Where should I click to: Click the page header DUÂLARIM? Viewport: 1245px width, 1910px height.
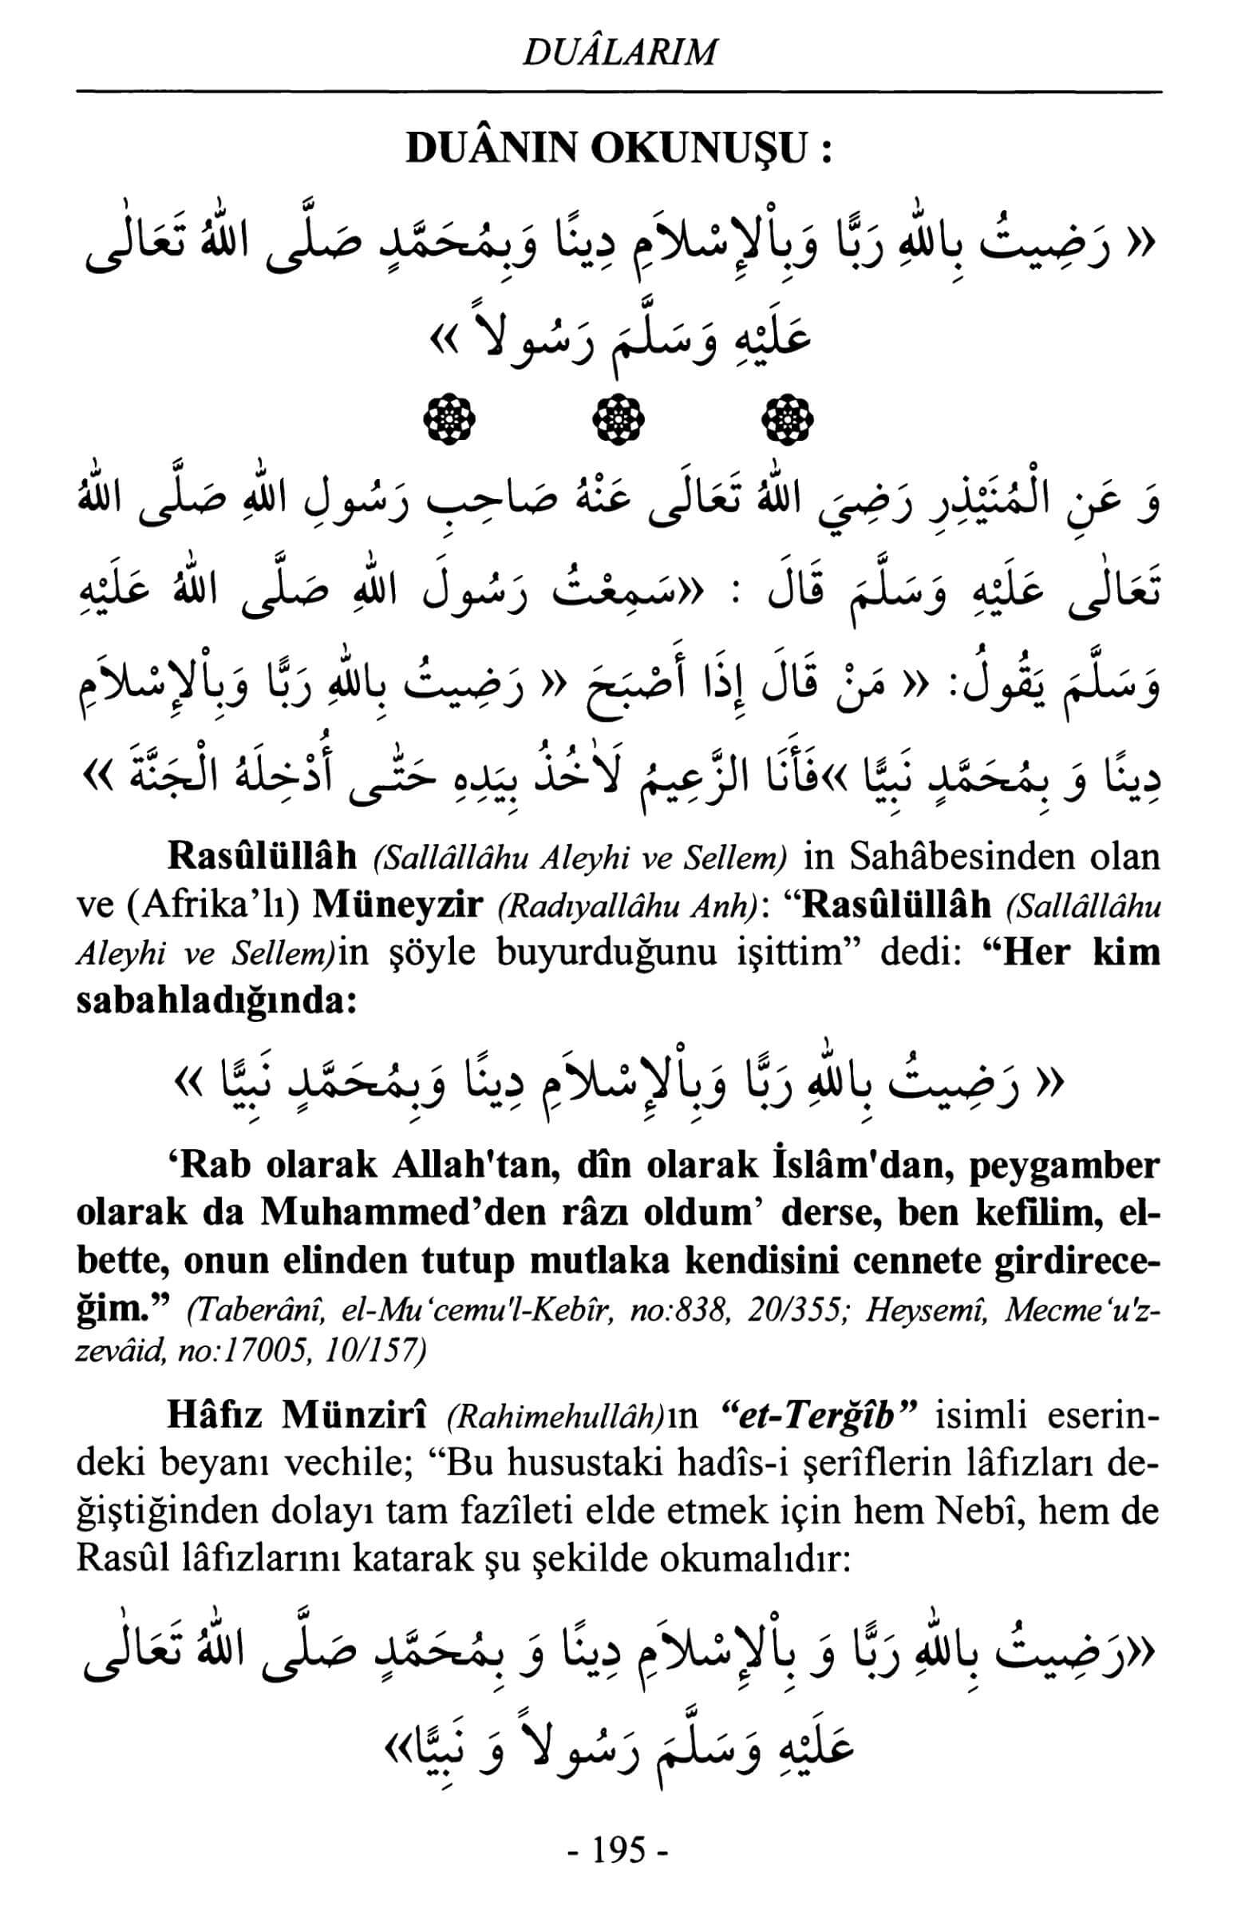pos(619,52)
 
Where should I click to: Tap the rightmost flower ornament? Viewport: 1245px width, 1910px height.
pos(786,418)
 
